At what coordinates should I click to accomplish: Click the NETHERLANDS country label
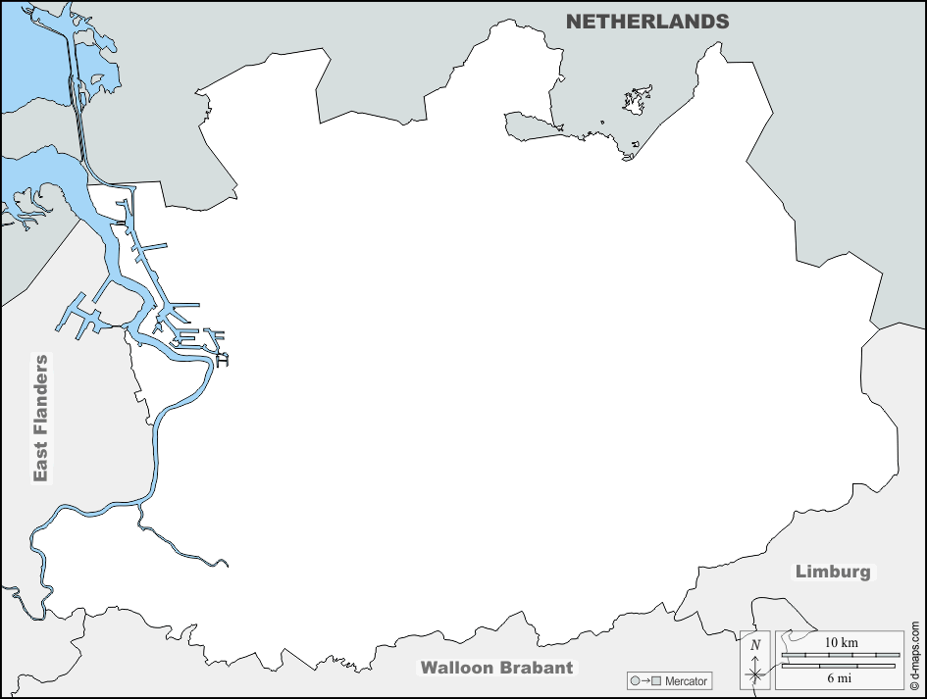coord(647,21)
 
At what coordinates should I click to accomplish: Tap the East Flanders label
coord(40,418)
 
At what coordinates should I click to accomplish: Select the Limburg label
coord(832,572)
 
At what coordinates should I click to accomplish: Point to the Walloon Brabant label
coord(496,668)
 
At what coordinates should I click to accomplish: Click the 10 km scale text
coord(841,642)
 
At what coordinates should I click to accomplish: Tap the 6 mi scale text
coord(840,678)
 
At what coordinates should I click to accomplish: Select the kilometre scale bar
coord(840,654)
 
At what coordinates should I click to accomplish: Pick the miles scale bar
coord(840,666)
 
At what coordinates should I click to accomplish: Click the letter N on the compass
coord(754,644)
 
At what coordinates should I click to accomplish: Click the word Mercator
coord(685,680)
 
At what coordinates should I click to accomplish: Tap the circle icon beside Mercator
coord(635,680)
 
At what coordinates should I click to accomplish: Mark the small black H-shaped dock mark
coord(222,361)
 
